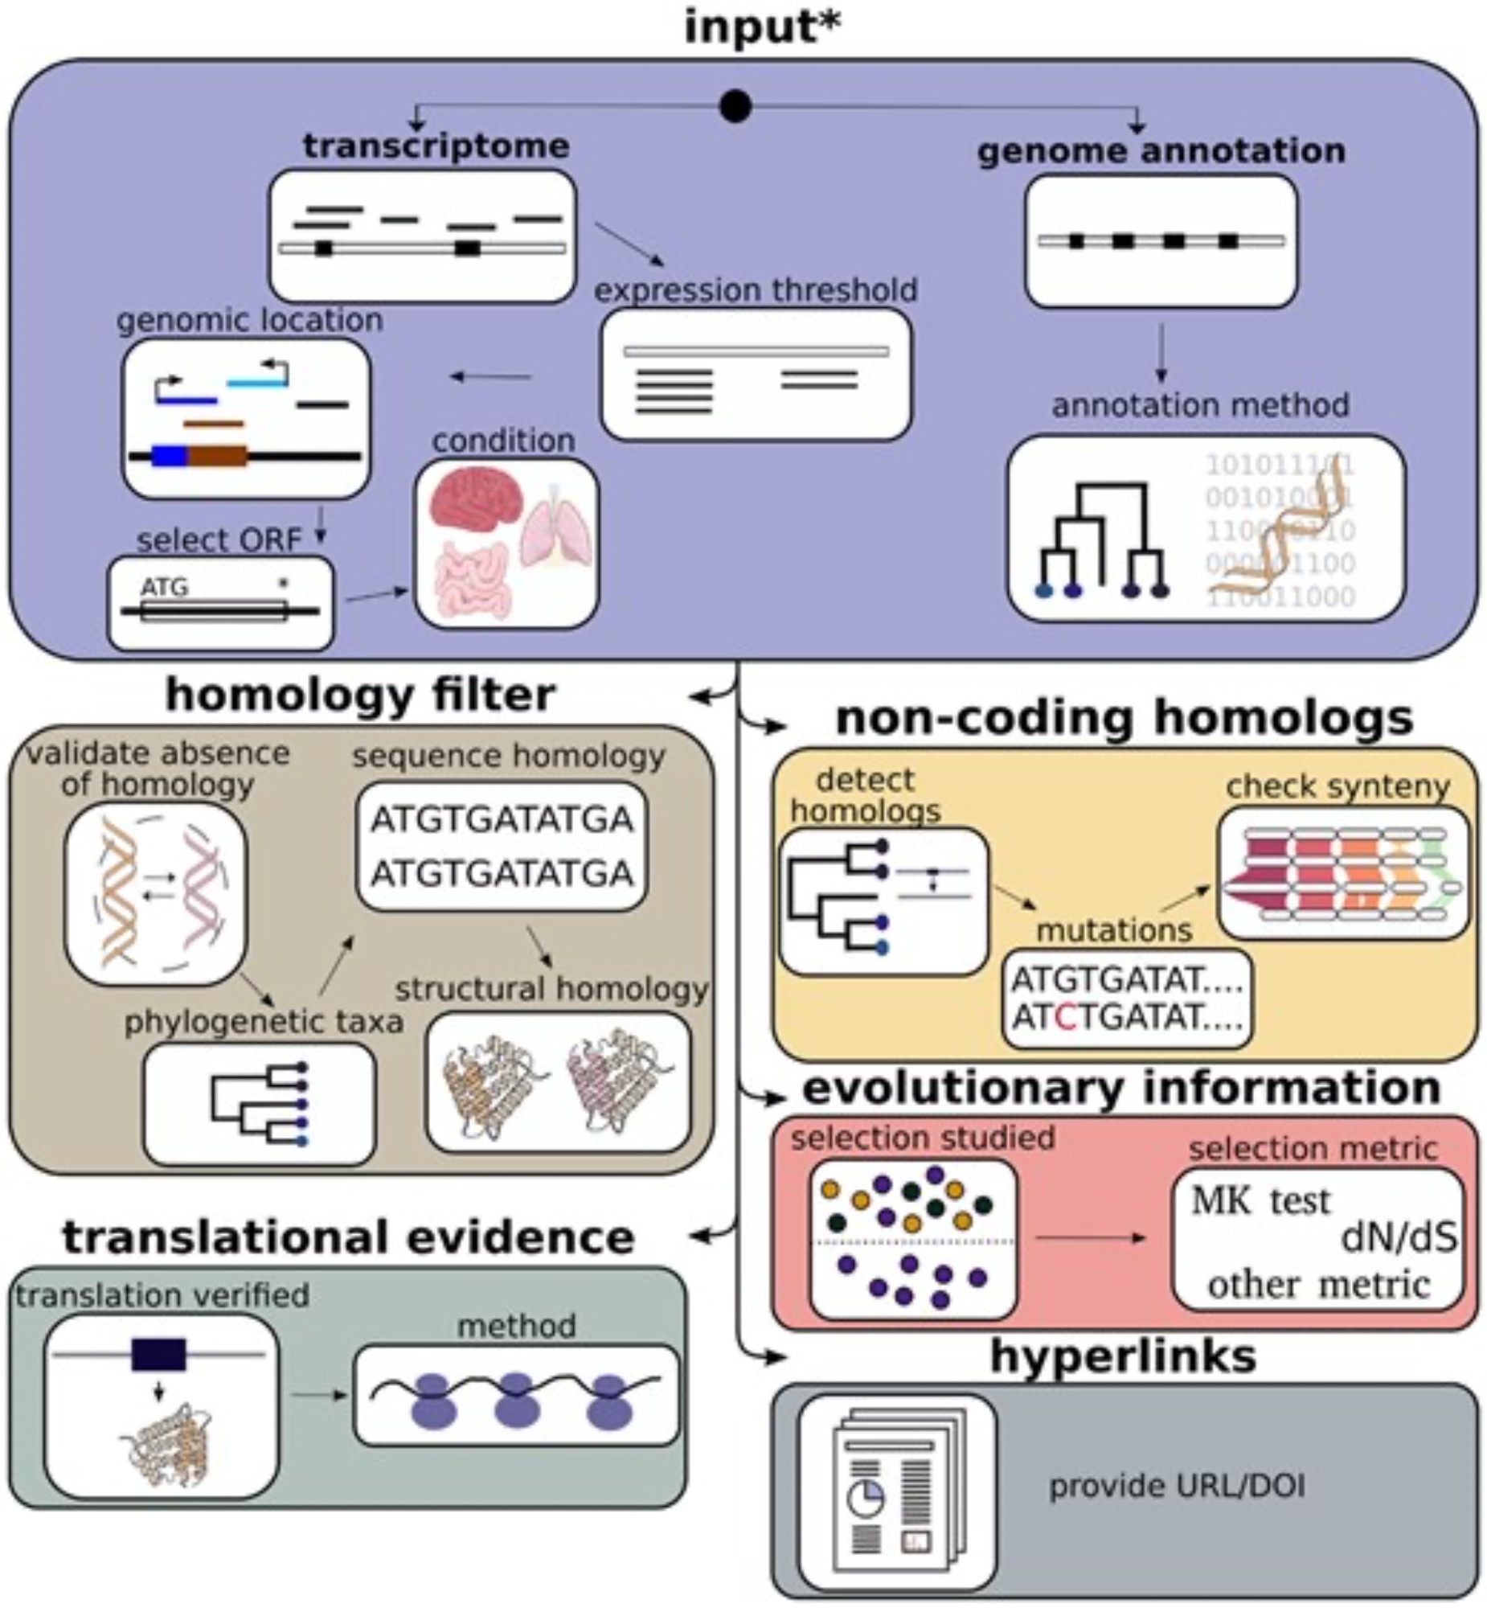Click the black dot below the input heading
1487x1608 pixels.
[735, 105]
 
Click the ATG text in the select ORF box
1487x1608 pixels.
[165, 588]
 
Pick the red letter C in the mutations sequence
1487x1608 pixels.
[1064, 1017]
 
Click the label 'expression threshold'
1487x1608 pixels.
[756, 289]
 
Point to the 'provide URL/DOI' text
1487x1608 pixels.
[1177, 1486]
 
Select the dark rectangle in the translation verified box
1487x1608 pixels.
[158, 1355]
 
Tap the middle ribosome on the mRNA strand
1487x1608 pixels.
[514, 1401]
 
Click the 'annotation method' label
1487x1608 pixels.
[1200, 405]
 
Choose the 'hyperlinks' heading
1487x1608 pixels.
[1124, 1356]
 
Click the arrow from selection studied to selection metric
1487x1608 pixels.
[1090, 1238]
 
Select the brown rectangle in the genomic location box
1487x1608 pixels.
[217, 457]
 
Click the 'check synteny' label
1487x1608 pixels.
[1337, 786]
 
